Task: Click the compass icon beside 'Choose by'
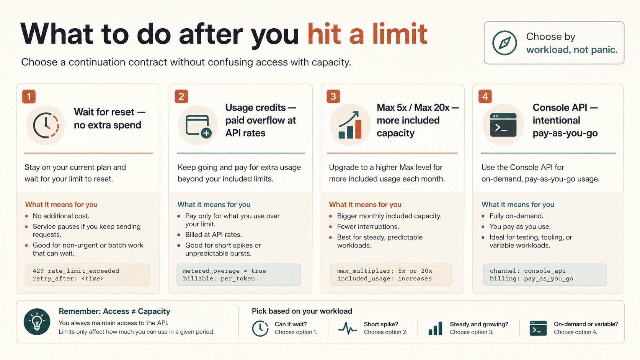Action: point(504,43)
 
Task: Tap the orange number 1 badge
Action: point(29,96)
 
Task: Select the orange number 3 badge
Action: point(333,96)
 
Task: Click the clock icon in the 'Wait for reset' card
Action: point(46,125)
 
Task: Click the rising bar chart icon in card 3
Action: point(350,125)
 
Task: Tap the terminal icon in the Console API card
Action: point(503,125)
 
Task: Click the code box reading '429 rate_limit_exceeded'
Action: point(87,275)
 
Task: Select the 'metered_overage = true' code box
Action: point(238,275)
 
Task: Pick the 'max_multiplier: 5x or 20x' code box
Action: point(391,275)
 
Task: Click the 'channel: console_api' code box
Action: point(545,275)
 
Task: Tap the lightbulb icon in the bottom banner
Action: point(37,322)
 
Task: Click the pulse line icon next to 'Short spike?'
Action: point(348,328)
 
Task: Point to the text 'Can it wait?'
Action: point(291,324)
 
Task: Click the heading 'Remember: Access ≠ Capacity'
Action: point(114,311)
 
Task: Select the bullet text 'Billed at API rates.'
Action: point(214,235)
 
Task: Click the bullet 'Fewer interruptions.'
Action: point(368,227)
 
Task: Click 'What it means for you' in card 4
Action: point(518,204)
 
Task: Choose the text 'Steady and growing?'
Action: point(479,324)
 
